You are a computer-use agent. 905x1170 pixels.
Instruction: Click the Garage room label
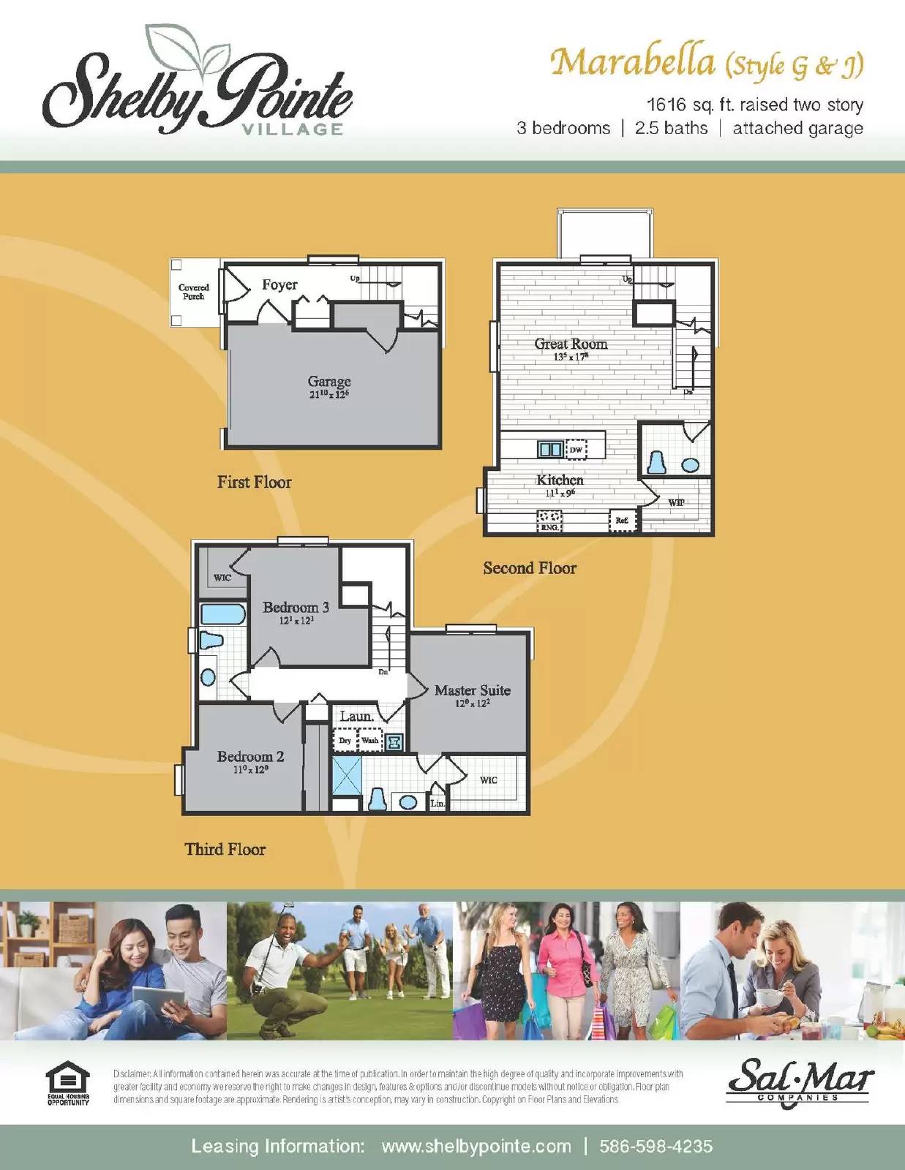point(329,382)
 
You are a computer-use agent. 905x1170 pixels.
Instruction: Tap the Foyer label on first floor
point(279,285)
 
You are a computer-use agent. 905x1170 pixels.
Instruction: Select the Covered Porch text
point(194,292)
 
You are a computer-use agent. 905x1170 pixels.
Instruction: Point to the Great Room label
point(571,344)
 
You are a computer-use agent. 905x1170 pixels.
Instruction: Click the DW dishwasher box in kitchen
point(577,450)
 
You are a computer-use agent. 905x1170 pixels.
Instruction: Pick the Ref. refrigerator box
point(622,521)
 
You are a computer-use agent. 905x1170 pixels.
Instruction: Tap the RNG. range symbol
point(549,521)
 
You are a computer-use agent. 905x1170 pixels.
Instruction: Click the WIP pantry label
point(676,502)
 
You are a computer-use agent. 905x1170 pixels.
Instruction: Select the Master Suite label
point(472,690)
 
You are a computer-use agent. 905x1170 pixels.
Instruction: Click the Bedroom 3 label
point(296,608)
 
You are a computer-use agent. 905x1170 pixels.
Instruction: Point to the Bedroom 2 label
point(250,757)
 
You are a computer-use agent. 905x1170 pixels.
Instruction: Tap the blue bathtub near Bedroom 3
point(222,614)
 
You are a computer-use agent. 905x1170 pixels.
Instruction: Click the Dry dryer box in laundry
point(345,741)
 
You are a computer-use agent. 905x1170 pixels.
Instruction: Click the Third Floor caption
point(225,849)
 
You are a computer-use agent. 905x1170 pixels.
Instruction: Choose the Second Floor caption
point(530,568)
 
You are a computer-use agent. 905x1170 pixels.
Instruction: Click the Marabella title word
point(632,62)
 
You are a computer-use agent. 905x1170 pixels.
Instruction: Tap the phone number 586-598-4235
point(656,1146)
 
